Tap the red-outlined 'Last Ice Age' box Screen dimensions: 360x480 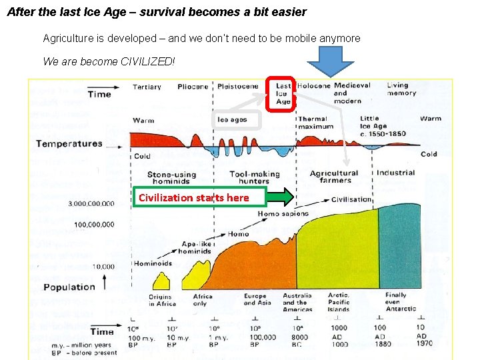pyautogui.click(x=283, y=94)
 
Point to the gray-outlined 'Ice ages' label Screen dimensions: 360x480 pyautogui.click(x=233, y=120)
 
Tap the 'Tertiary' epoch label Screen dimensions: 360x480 pyautogui.click(x=147, y=87)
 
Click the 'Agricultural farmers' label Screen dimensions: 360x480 pyautogui.click(x=335, y=177)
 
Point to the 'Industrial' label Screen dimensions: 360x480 pyautogui.click(x=396, y=173)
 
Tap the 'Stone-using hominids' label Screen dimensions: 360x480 pyautogui.click(x=171, y=178)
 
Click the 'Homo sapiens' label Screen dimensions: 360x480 pyautogui.click(x=283, y=214)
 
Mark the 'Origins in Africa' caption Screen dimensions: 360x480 pyautogui.click(x=161, y=300)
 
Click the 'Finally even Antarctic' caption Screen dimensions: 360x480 pyautogui.click(x=400, y=301)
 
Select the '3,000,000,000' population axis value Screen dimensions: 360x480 pyautogui.click(x=91, y=204)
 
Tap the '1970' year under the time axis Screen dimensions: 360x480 pyautogui.click(x=421, y=344)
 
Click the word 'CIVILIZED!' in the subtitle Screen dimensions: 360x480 pyautogui.click(x=147, y=61)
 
